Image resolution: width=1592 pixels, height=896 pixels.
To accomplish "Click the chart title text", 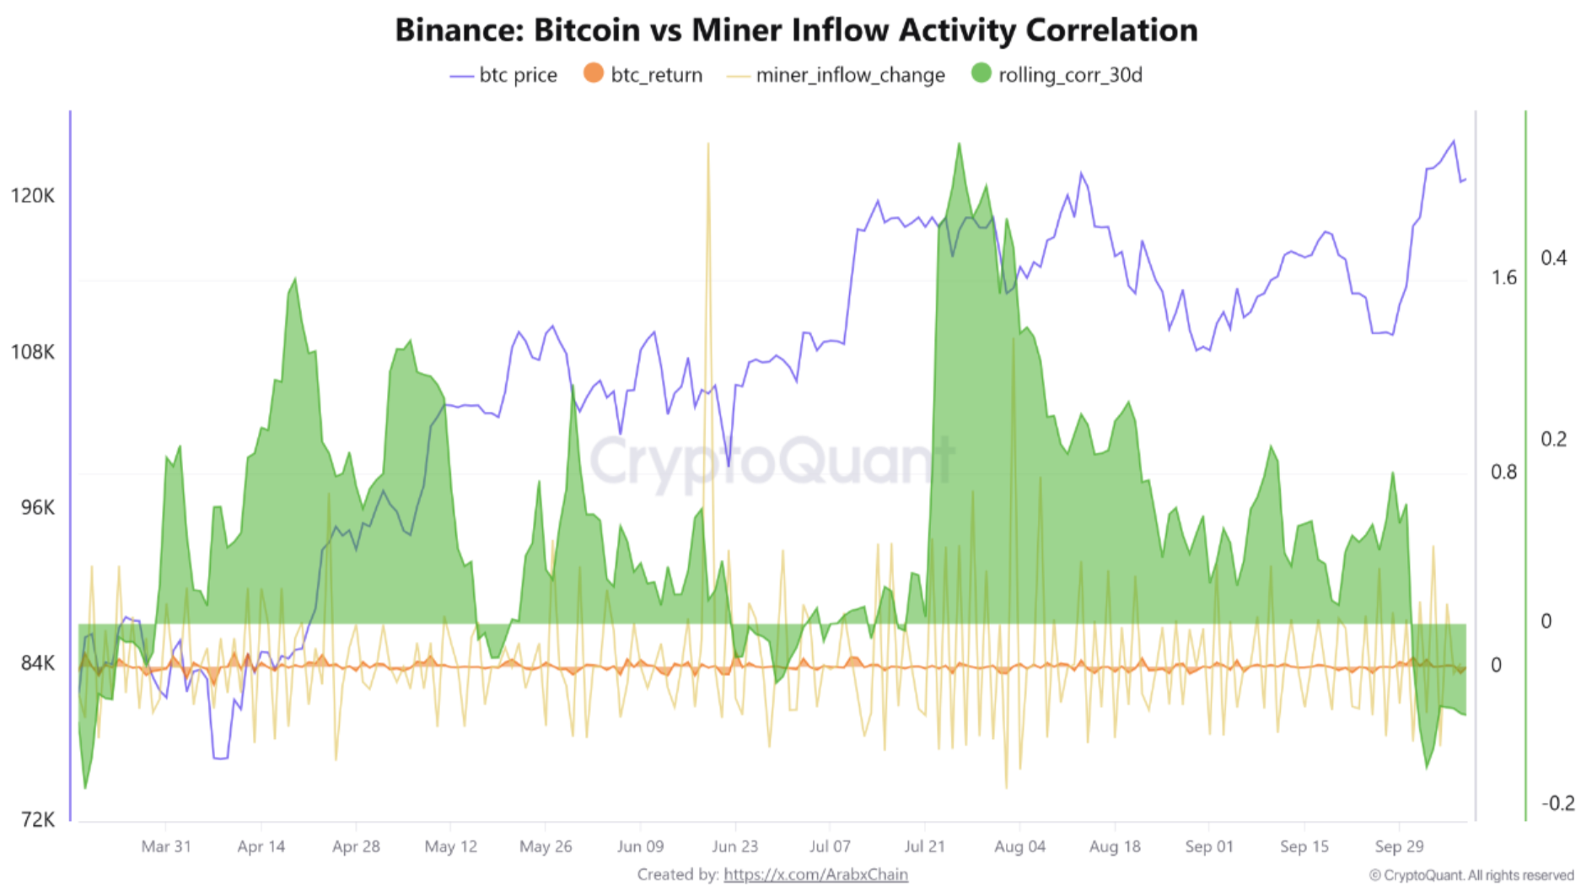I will point(796,30).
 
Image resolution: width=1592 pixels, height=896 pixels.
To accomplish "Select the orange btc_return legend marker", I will point(594,73).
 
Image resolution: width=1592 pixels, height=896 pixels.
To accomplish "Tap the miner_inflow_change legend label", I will point(850,75).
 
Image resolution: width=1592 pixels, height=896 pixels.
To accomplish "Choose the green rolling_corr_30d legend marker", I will point(981,73).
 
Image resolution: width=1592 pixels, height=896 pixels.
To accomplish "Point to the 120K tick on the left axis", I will point(33,196).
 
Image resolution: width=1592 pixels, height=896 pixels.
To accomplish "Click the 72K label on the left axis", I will point(37,819).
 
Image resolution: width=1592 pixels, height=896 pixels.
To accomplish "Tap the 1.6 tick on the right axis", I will point(1503,278).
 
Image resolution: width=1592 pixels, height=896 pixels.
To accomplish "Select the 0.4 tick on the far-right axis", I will point(1553,258).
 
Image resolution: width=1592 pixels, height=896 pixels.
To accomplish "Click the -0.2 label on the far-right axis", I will point(1557,803).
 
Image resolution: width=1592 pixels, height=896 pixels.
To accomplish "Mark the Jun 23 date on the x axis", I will point(734,846).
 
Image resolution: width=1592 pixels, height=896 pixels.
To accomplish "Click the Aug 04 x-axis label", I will point(1019,846).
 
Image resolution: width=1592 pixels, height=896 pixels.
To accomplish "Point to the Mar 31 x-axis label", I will point(166,846).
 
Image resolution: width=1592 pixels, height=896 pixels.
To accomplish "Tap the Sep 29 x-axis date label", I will point(1399,846).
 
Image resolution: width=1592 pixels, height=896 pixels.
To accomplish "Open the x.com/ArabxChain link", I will point(815,875).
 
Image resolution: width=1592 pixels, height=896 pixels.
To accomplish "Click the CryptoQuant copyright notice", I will point(1471,876).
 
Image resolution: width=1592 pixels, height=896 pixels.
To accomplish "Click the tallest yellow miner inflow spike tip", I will point(707,144).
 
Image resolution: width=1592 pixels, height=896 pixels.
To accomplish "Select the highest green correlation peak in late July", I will point(959,145).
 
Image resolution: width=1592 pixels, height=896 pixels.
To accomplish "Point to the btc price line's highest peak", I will point(1453,142).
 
